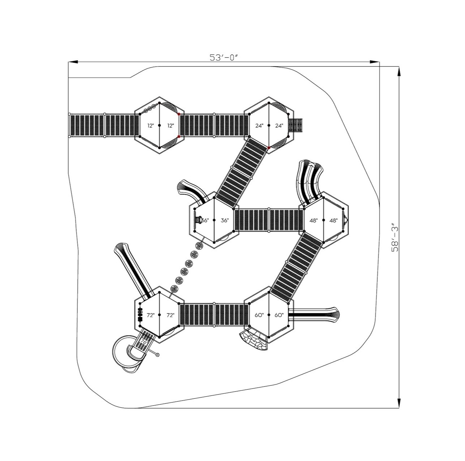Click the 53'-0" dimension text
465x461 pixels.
tap(225, 57)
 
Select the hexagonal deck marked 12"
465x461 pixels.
tap(160, 125)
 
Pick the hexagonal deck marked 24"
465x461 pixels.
tap(269, 125)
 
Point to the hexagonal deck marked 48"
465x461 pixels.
tap(323, 220)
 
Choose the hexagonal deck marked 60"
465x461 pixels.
tap(269, 315)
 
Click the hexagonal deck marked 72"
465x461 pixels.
tap(160, 315)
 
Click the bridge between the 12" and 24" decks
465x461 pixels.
tap(214, 125)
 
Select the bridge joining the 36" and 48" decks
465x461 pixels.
tap(269, 220)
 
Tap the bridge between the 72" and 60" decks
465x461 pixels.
tap(214, 315)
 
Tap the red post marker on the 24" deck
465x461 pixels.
tap(269, 148)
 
